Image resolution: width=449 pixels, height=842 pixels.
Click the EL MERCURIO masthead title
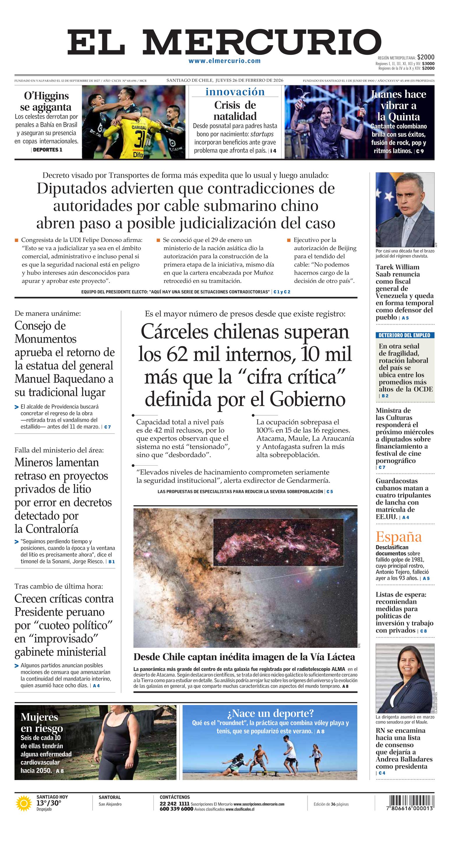point(224,42)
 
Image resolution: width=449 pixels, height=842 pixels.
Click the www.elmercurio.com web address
point(225,61)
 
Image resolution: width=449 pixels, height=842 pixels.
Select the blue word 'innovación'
point(235,92)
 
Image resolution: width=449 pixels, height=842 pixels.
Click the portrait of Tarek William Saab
point(405,209)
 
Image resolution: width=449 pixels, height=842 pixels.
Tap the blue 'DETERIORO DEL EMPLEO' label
point(404,335)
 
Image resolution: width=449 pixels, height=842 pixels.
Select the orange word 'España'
point(398,537)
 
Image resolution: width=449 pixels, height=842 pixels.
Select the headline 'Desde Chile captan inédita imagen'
point(244,657)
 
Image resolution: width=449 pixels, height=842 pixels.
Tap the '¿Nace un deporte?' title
point(270,713)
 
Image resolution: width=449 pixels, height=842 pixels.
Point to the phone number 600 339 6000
point(176,809)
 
